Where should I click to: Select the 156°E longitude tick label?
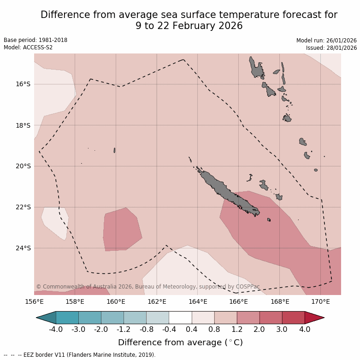pos(34,302)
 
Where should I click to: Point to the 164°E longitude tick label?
pos(198,302)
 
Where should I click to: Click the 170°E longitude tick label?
pos(320,302)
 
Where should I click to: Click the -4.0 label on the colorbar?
pos(56,330)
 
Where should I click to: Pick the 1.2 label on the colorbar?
pos(237,330)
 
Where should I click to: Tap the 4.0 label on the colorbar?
pos(305,330)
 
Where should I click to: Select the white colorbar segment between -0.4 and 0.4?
pos(180,318)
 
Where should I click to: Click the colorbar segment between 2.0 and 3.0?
pos(271,318)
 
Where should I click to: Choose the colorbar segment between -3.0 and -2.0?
pos(89,318)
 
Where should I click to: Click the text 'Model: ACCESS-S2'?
pos(29,47)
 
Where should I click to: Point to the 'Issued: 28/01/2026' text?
pos(331,47)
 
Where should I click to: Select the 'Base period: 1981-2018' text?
pos(35,40)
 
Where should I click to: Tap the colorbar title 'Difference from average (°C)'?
pos(180,342)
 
